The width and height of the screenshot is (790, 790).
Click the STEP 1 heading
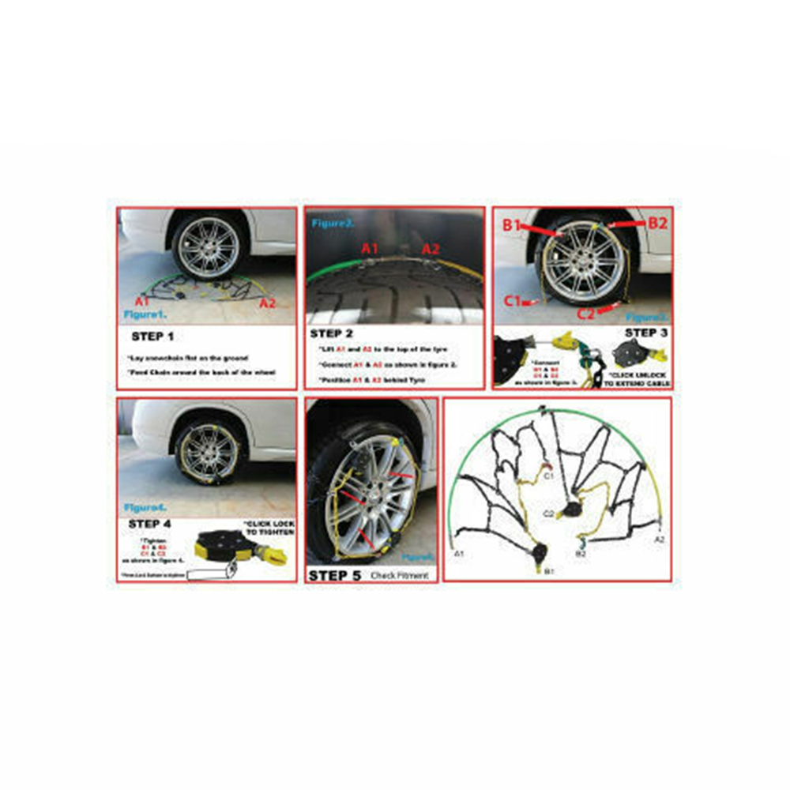coord(153,337)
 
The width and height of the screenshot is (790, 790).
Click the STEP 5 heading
coord(334,575)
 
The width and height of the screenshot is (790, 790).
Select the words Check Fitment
coord(399,576)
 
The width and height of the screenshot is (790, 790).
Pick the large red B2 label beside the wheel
coord(657,223)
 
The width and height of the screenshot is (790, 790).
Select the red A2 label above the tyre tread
coord(431,249)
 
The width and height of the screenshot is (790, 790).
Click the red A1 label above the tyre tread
coord(371,249)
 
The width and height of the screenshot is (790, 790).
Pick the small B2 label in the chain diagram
coord(581,554)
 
